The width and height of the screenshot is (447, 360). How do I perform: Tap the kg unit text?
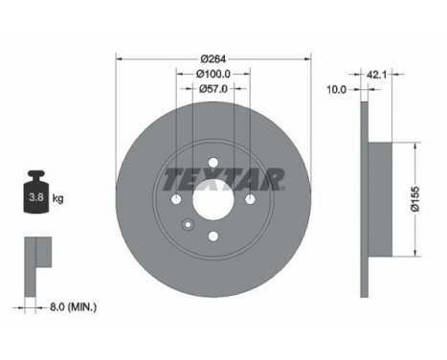tap(57, 199)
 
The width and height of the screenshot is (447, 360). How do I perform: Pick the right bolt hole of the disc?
tap(249, 199)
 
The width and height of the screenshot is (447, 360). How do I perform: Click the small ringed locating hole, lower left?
tap(188, 227)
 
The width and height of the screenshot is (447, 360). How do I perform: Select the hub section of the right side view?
tap(379, 199)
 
